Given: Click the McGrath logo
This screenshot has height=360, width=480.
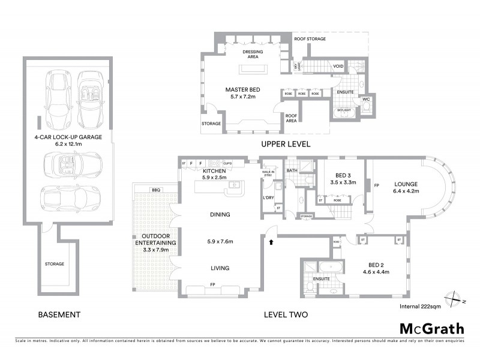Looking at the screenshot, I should (x=431, y=328).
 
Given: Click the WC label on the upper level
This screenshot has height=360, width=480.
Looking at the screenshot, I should (x=366, y=99).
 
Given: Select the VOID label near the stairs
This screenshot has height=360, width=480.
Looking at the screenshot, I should (x=338, y=67).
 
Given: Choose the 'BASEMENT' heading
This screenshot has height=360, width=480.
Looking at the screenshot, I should (x=59, y=314).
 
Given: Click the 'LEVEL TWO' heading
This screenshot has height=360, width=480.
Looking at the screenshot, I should (x=286, y=314).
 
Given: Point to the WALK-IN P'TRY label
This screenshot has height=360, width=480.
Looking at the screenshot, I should (x=268, y=173).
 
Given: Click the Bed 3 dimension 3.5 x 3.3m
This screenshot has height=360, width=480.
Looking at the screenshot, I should (x=343, y=182).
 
